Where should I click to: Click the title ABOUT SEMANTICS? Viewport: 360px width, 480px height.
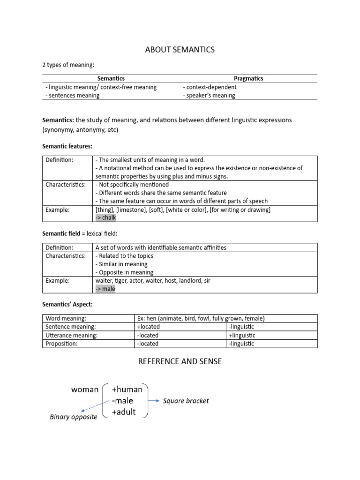pyautogui.click(x=180, y=50)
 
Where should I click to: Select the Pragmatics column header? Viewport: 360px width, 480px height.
pyautogui.click(x=248, y=78)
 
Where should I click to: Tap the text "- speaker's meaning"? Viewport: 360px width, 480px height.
pyautogui.click(x=209, y=95)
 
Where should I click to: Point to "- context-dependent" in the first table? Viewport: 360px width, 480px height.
pyautogui.click(x=210, y=87)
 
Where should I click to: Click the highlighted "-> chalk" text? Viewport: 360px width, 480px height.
pyautogui.click(x=105, y=217)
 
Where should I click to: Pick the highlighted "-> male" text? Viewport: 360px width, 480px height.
pyautogui.click(x=105, y=289)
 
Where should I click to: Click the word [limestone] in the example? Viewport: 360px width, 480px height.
pyautogui.click(x=130, y=210)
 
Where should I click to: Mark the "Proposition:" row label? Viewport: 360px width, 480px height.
pyautogui.click(x=62, y=344)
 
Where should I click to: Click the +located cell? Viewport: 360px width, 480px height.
pyautogui.click(x=149, y=327)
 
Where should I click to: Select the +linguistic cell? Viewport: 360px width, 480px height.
pyautogui.click(x=242, y=335)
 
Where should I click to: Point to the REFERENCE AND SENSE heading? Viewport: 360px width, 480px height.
pyautogui.click(x=180, y=361)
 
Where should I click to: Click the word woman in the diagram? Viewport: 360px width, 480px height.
pyautogui.click(x=85, y=389)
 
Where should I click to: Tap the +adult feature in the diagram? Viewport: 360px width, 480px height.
pyautogui.click(x=124, y=412)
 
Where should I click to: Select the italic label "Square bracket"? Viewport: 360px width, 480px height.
pyautogui.click(x=186, y=401)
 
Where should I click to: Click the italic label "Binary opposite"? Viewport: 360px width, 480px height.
pyautogui.click(x=73, y=417)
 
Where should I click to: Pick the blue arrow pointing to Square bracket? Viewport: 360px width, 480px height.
pyautogui.click(x=154, y=401)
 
